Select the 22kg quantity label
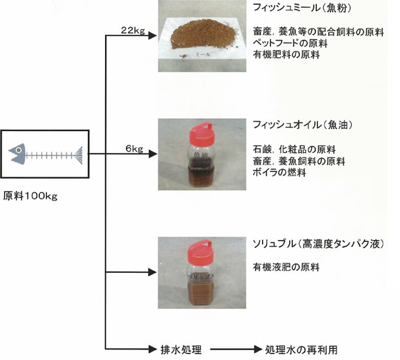(133, 30)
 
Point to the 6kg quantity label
(134, 148)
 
